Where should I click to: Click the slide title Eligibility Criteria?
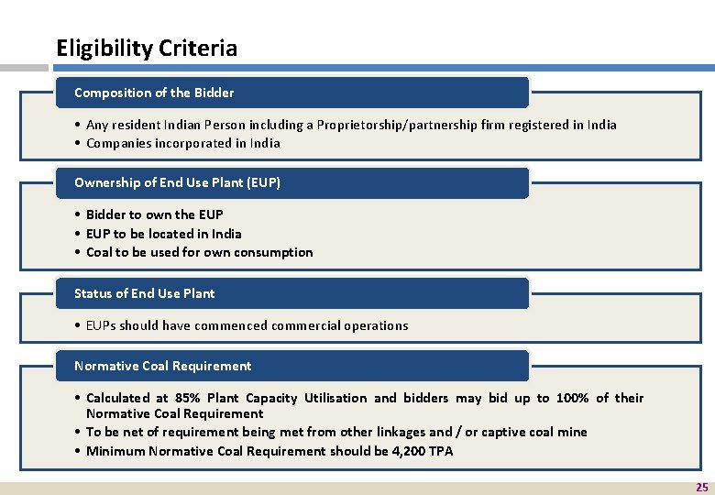[x=147, y=49]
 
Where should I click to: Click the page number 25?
[x=701, y=488]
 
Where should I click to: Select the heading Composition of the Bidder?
[x=154, y=93]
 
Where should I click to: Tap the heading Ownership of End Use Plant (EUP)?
[x=177, y=182]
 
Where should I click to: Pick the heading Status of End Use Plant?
[x=145, y=293]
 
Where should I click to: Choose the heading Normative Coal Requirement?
[x=162, y=366]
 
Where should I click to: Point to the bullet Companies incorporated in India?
[x=183, y=143]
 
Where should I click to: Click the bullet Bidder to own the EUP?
[x=155, y=214]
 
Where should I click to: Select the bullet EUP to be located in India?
[x=164, y=234]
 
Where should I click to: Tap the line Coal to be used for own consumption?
[x=200, y=252]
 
